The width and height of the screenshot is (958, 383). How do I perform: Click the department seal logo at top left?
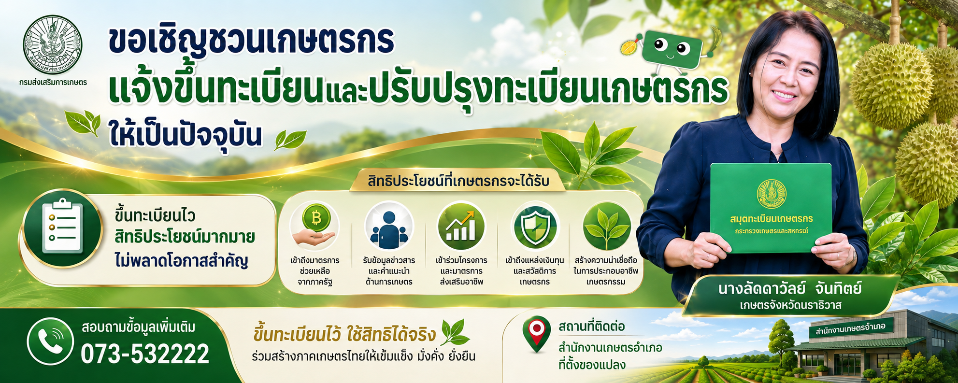click(x=53, y=44)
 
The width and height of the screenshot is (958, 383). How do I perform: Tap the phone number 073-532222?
click(x=145, y=354)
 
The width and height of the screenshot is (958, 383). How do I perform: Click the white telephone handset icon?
click(x=51, y=341)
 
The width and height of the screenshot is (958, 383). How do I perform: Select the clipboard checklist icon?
click(x=62, y=227)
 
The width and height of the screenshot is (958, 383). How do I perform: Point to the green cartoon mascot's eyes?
click(x=672, y=47)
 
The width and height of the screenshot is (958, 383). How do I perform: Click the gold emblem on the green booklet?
click(x=772, y=194)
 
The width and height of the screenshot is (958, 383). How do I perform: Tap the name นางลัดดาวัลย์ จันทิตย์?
click(x=790, y=289)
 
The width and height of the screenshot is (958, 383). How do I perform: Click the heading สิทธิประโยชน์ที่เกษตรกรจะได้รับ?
click(x=458, y=182)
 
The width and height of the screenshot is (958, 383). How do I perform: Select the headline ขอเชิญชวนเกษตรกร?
click(x=251, y=41)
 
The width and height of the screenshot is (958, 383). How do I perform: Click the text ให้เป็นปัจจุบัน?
click(x=186, y=133)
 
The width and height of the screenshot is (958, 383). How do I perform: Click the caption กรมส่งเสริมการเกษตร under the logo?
click(x=53, y=83)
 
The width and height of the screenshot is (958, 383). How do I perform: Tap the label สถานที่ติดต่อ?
click(x=591, y=327)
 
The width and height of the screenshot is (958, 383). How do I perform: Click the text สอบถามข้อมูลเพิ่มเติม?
click(x=139, y=327)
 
